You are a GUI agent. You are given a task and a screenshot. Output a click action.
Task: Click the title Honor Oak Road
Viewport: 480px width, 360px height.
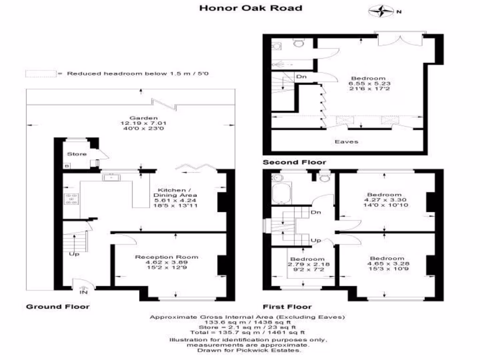(251, 8)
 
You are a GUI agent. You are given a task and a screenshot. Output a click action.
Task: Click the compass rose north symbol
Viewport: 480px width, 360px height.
(382, 11)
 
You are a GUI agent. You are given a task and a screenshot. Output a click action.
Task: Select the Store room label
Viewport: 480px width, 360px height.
(77, 154)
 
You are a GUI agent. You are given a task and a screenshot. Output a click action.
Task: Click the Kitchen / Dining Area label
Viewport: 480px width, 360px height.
(175, 193)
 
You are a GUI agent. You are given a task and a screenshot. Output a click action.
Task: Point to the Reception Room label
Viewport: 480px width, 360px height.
(166, 257)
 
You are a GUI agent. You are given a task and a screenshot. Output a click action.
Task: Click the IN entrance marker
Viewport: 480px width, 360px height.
(83, 292)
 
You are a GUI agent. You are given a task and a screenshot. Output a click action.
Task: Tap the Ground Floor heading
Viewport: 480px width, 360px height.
(58, 307)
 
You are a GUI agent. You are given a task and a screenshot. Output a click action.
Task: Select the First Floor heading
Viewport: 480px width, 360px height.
(287, 307)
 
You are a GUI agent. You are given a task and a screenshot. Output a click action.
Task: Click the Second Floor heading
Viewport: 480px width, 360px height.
(294, 162)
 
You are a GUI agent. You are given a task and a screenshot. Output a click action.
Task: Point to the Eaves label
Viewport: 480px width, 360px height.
(346, 142)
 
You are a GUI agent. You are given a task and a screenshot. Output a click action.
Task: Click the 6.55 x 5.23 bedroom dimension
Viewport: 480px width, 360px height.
(369, 83)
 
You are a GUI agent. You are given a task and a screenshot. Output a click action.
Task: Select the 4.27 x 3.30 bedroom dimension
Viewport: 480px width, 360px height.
(385, 200)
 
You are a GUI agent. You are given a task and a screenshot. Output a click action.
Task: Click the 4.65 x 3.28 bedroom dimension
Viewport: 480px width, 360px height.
(388, 263)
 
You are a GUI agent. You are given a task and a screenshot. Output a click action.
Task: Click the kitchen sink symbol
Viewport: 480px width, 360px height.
(112, 177)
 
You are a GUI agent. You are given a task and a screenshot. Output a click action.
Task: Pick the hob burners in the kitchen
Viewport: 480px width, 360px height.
(71, 199)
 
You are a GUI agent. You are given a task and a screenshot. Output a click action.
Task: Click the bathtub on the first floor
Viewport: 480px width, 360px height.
(281, 193)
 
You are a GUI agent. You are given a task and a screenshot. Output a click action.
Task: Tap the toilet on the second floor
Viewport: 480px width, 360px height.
(298, 43)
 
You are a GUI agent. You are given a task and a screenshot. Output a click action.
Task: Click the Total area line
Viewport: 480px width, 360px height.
(247, 332)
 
